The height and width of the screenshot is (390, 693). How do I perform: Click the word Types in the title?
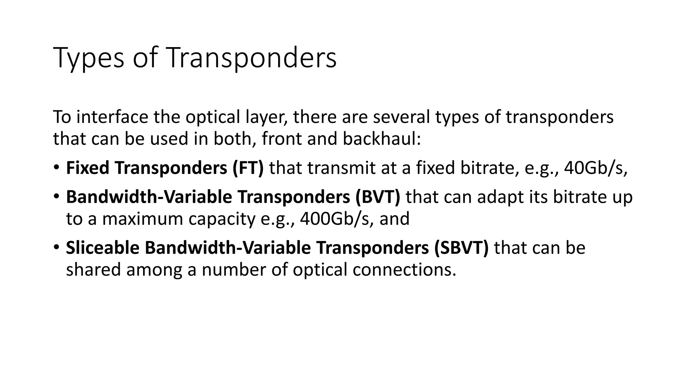point(89,58)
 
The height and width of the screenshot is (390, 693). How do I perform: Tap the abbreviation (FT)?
point(248,168)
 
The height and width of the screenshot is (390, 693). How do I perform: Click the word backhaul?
point(381,139)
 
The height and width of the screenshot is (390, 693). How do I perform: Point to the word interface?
point(112,117)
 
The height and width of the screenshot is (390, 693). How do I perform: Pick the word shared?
point(93,270)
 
